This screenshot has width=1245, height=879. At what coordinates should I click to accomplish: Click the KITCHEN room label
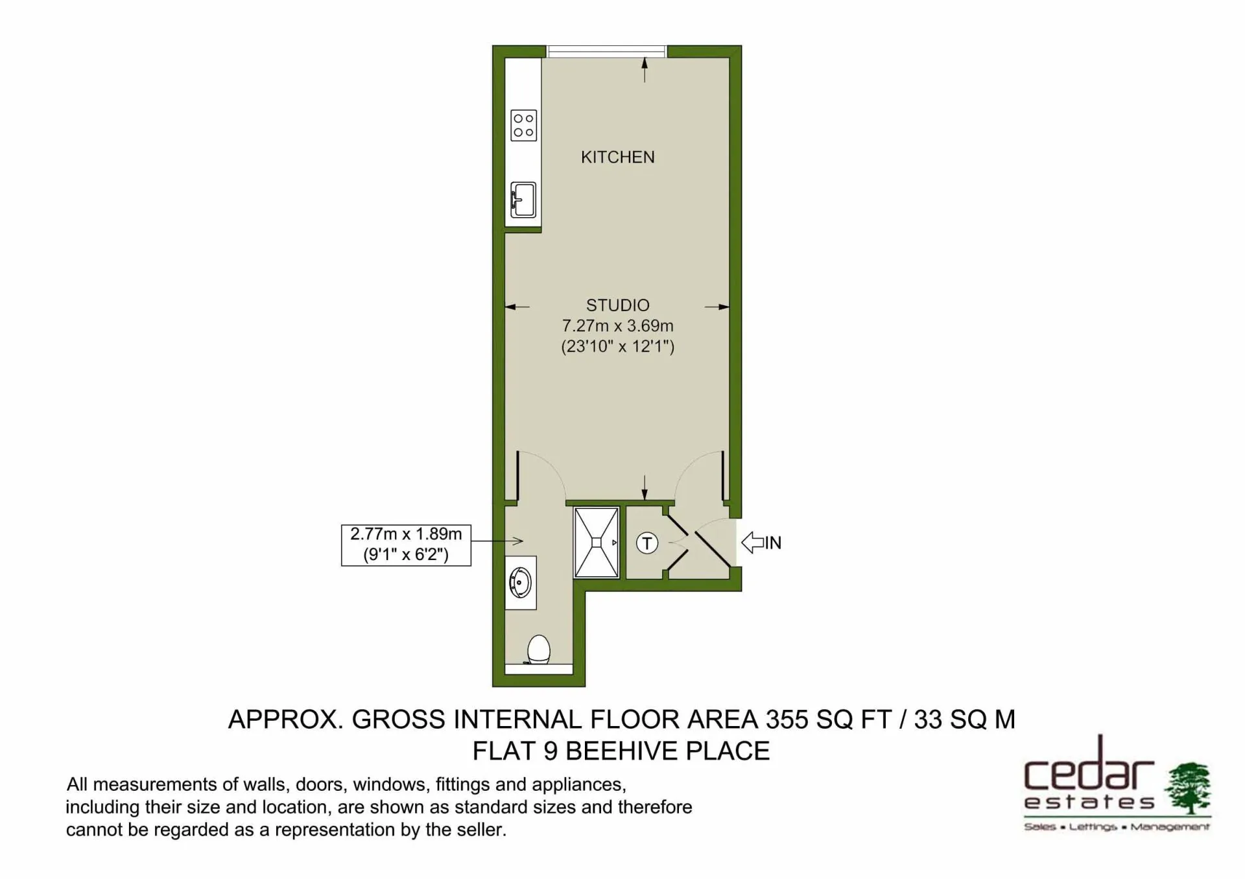(617, 157)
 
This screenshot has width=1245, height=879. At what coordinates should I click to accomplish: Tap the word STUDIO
(617, 305)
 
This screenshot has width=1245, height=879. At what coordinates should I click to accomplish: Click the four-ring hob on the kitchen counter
(523, 125)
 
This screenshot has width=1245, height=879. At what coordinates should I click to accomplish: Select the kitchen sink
(523, 200)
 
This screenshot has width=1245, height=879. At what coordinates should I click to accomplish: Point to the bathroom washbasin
(521, 582)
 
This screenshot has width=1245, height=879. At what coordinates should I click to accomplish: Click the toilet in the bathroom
(538, 650)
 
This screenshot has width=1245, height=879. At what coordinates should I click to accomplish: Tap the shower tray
(596, 543)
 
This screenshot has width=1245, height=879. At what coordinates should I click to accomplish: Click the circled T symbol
(646, 543)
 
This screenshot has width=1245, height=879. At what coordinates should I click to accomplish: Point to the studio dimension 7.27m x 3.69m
(617, 326)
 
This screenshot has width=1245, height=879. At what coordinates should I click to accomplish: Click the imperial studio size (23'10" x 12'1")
(617, 347)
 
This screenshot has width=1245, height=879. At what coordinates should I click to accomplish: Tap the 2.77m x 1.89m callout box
(406, 545)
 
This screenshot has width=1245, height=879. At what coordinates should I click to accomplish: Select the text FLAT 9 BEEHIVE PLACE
(621, 751)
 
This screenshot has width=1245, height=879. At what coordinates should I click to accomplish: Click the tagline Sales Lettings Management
(1117, 827)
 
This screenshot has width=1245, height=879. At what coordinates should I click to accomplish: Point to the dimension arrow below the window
(645, 70)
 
